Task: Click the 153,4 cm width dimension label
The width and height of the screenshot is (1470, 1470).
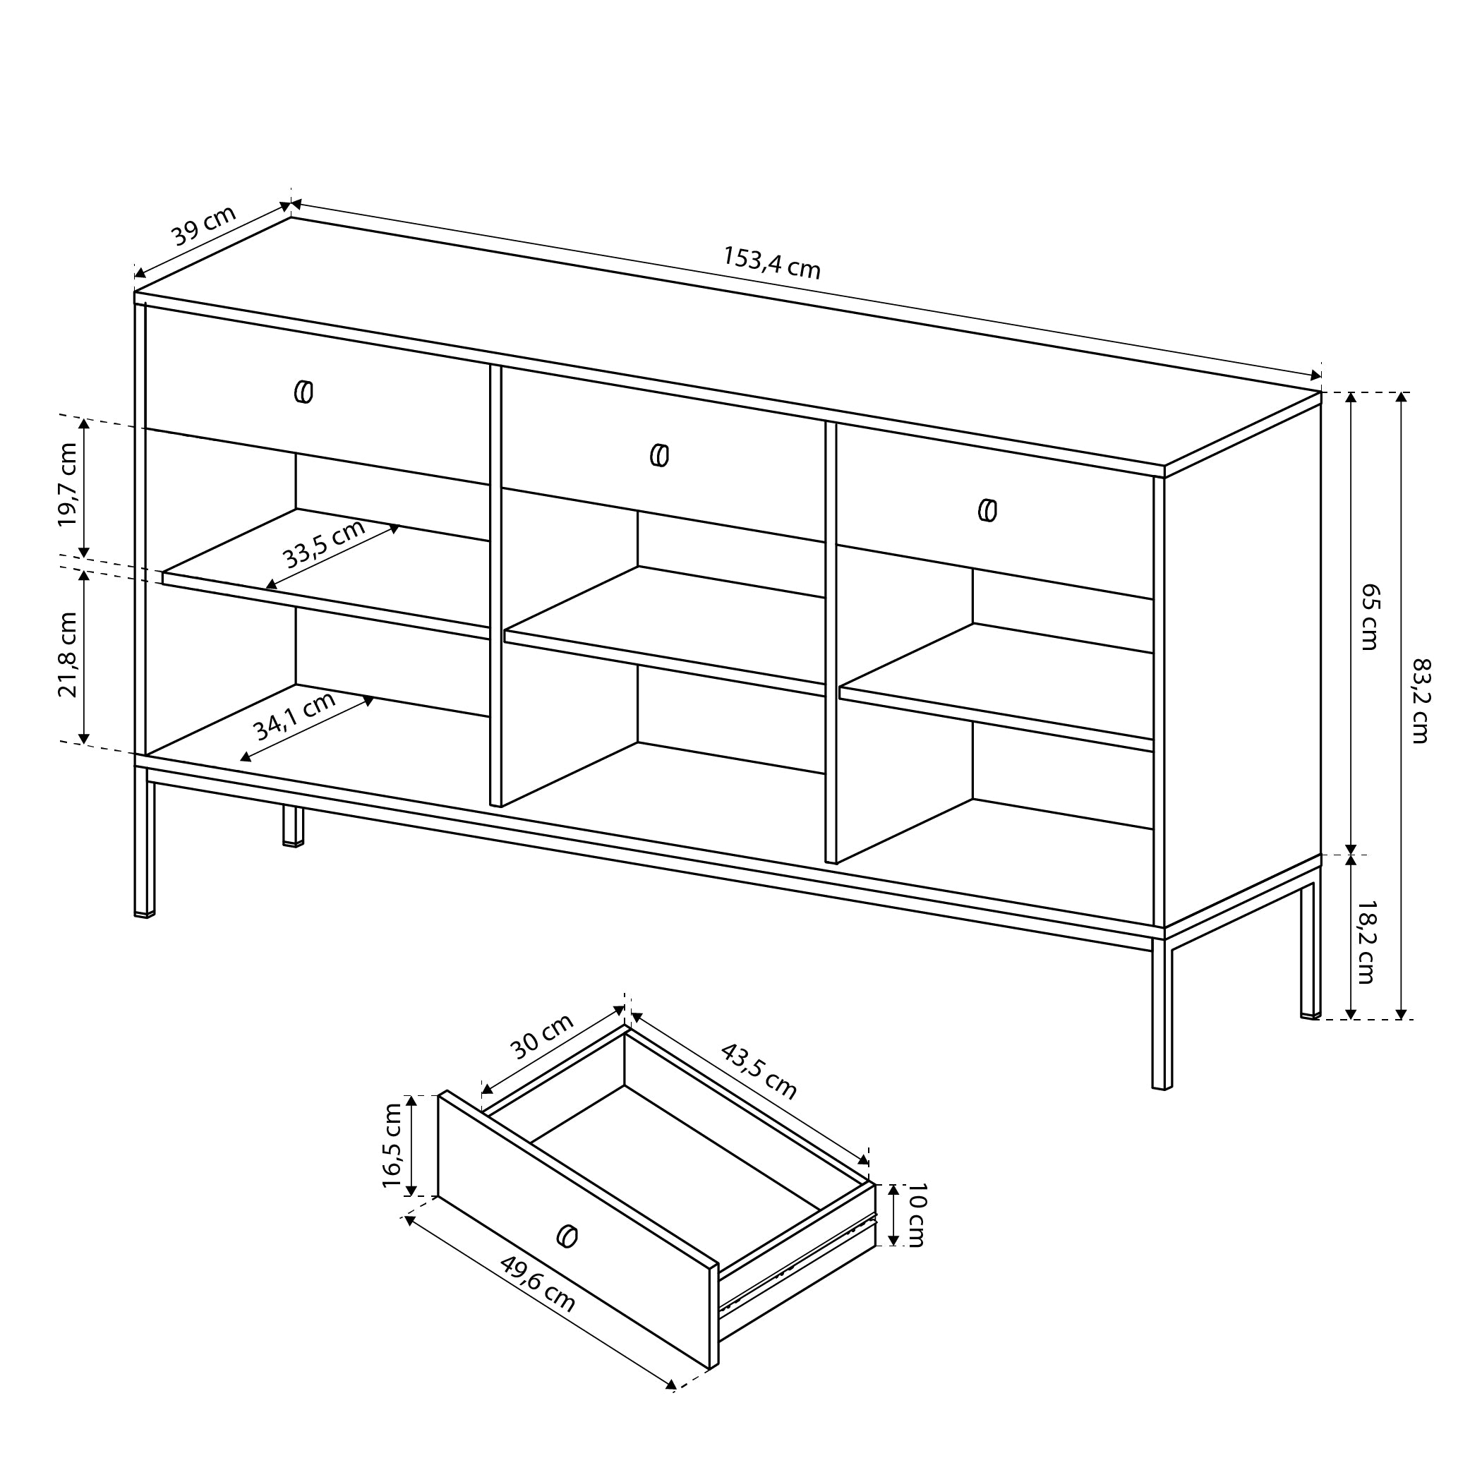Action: pos(771,263)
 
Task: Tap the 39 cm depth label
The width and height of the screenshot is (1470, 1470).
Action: pos(203,226)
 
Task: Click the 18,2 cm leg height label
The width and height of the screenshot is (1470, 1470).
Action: pos(1366,942)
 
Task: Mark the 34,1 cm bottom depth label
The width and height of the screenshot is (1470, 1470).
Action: pos(294,716)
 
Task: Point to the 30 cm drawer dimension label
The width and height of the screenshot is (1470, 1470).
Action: pos(541,1037)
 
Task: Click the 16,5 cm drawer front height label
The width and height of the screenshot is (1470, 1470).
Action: pos(392,1146)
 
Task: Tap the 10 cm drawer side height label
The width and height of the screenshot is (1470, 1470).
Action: pos(915,1215)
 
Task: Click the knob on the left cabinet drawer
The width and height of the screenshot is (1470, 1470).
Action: pos(303,392)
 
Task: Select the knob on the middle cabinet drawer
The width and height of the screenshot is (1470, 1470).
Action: pos(660,455)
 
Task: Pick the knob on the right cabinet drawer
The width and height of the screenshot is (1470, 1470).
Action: pos(987,510)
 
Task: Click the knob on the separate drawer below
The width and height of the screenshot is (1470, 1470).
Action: pos(567,1236)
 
